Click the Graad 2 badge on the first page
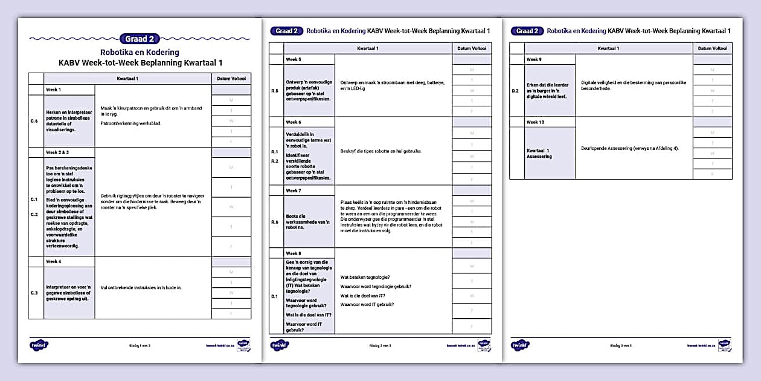140,39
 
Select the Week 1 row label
54,90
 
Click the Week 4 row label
54,261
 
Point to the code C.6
34,121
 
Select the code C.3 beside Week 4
34,293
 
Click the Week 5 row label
294,59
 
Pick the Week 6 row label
294,122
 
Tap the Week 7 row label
294,190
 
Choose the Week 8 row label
294,253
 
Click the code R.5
275,91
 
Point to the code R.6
275,222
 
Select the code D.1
275,296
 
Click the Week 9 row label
534,59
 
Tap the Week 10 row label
535,122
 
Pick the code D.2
515,91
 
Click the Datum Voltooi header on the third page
713,48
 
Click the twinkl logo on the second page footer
280,345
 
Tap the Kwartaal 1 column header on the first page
127,79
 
